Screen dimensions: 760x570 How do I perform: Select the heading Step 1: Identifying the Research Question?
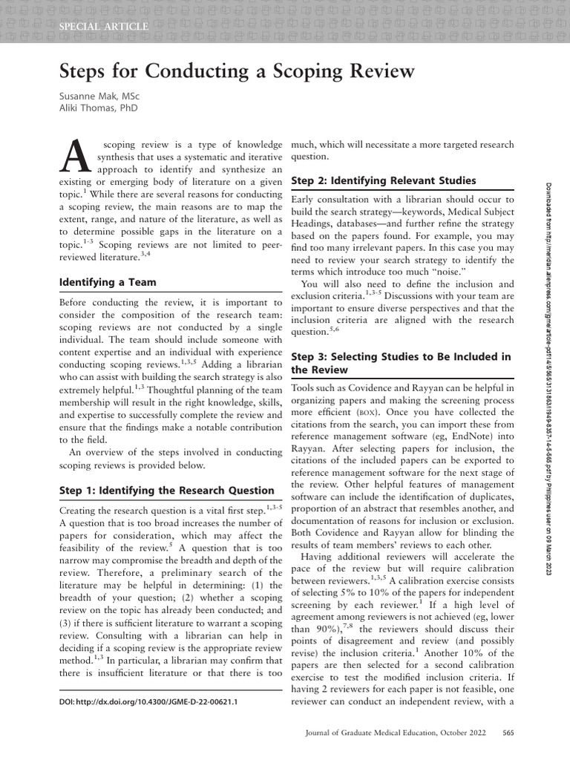click(x=166, y=490)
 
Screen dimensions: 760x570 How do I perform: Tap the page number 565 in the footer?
click(x=508, y=733)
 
